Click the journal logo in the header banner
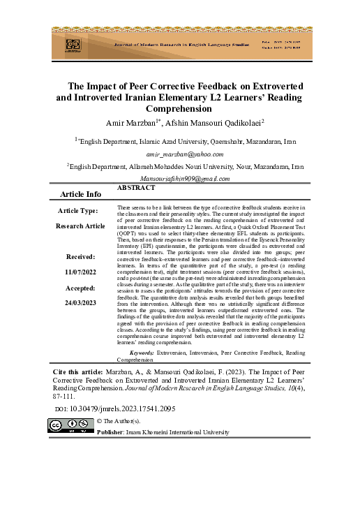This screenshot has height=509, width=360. (73, 43)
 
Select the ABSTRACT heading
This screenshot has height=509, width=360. (136, 189)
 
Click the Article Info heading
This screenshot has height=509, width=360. (82, 193)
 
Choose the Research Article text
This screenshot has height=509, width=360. (81, 226)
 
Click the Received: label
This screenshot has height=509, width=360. (81, 257)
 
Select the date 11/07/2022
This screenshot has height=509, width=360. (81, 272)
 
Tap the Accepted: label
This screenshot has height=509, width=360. (81, 288)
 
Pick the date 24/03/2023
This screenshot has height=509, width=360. (81, 303)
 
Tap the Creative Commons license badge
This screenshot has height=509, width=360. (70, 425)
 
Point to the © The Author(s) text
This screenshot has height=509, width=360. (118, 421)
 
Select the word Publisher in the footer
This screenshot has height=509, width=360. (110, 432)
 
